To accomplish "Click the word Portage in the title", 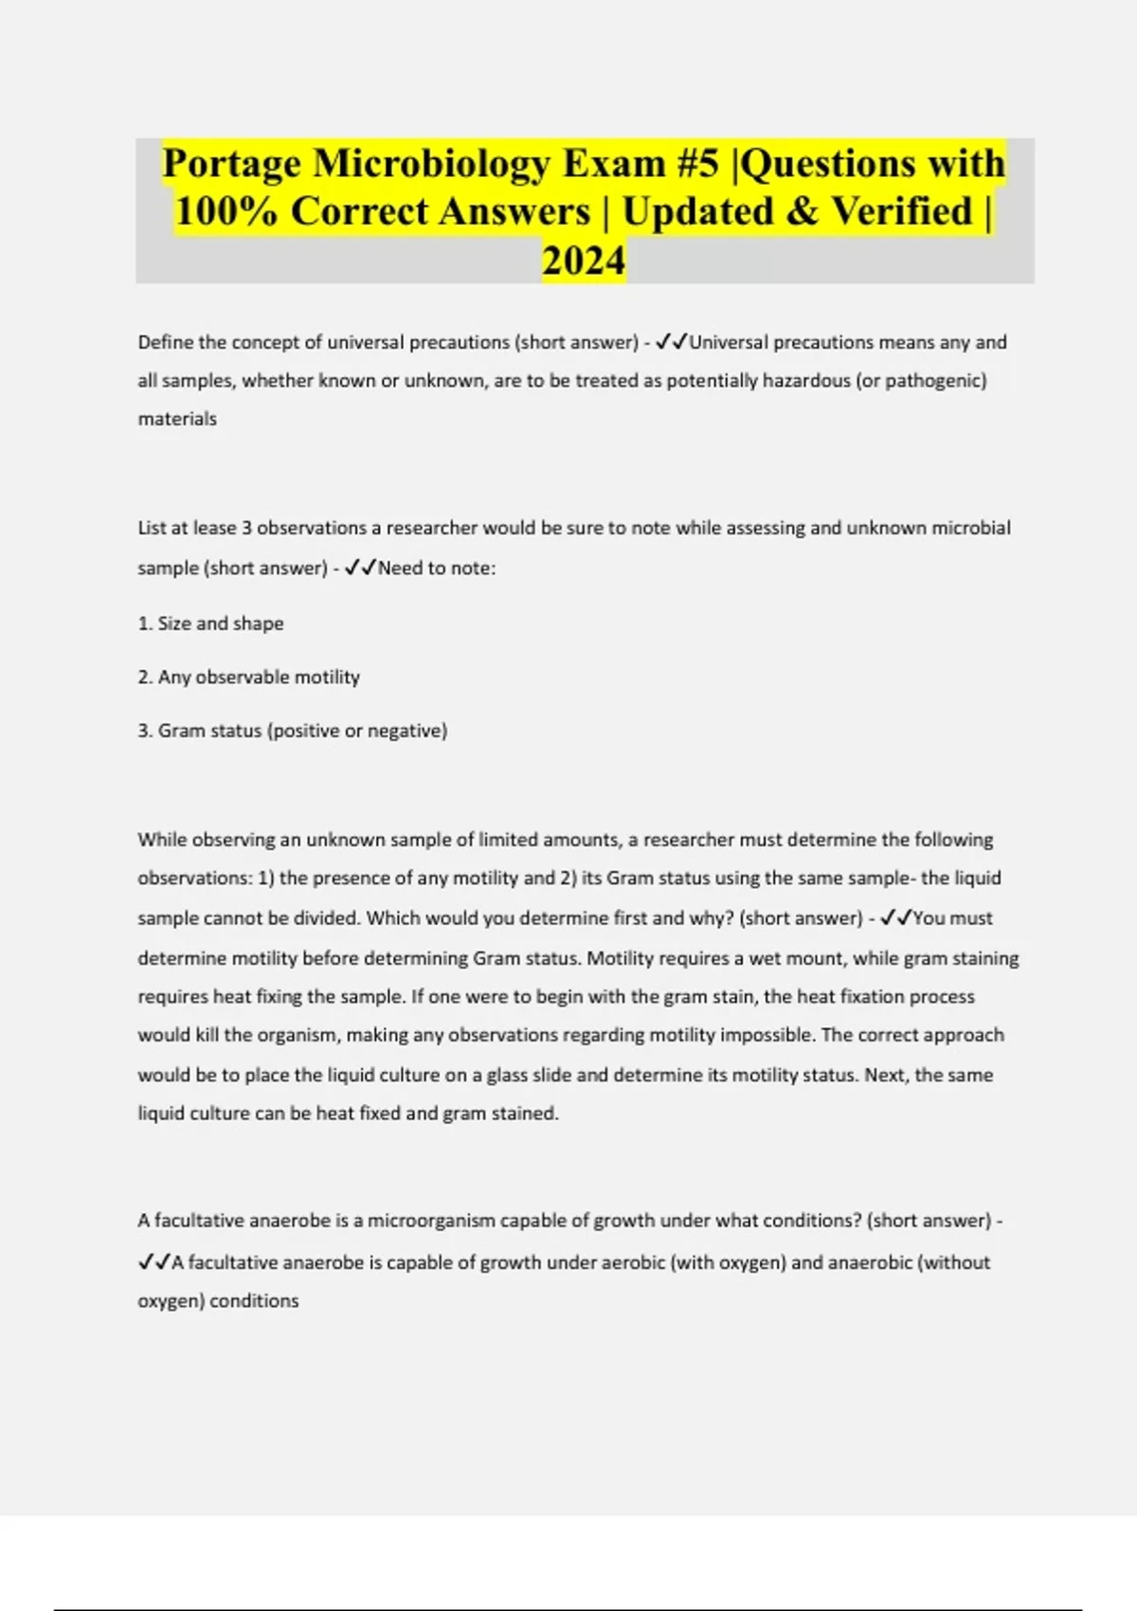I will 231,164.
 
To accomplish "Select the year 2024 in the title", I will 584,261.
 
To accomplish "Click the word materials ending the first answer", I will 177,419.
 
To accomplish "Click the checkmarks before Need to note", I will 360,569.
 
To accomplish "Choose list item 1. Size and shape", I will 211,624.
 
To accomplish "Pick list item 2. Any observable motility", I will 249,678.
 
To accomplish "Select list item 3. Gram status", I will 293,731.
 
